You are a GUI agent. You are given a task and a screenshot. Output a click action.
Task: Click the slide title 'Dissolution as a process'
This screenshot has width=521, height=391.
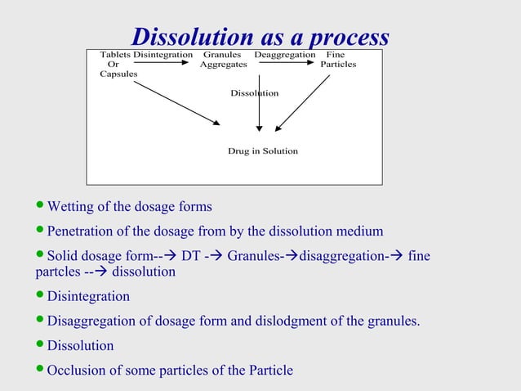260,37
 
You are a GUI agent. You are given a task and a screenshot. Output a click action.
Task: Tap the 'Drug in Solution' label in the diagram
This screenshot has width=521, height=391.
262,151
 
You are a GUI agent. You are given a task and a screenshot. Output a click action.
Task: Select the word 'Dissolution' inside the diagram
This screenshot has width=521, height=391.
254,93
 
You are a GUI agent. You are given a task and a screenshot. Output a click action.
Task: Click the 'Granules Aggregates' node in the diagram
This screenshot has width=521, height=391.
223,60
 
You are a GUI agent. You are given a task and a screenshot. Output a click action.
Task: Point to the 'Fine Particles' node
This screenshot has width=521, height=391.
337,60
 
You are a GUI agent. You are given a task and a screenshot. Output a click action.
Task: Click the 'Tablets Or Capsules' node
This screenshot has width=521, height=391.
117,64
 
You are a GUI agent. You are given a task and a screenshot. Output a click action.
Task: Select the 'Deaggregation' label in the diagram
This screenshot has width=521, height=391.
284,55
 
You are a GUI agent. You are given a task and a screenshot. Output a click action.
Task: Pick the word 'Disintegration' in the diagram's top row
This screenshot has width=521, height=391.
163,55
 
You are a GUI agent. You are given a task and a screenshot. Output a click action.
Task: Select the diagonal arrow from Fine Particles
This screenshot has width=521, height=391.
303,103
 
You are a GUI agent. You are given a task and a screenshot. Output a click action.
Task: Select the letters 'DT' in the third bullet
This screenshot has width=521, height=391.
190,256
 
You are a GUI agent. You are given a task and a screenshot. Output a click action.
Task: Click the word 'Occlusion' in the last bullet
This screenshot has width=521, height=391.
75,370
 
